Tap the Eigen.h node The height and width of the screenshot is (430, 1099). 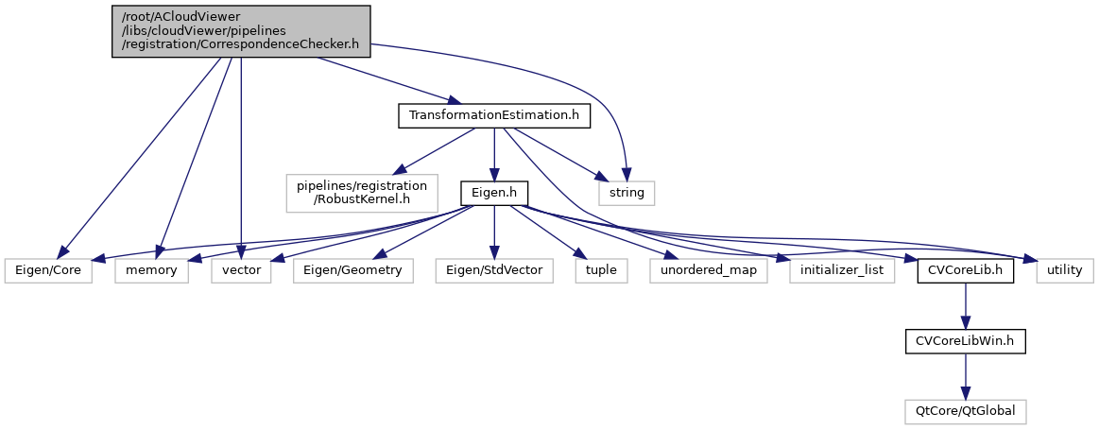coord(492,193)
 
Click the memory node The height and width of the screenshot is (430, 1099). coord(152,270)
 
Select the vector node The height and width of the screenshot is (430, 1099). coord(241,270)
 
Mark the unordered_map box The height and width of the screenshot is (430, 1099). coord(709,270)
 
